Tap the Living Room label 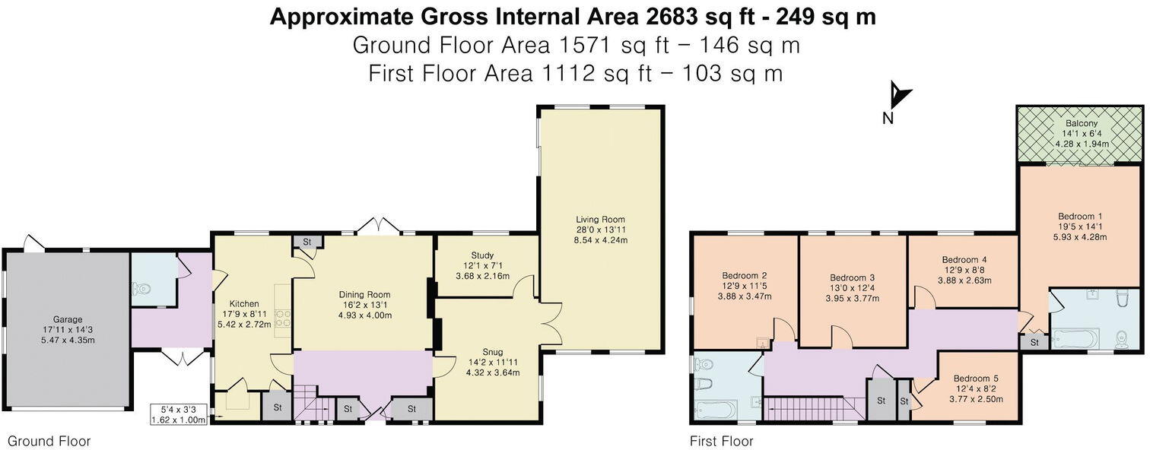600,219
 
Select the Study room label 482,255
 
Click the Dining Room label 364,295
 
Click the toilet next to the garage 139,289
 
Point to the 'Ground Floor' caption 49,441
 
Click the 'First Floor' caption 721,441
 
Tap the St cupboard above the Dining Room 307,242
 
